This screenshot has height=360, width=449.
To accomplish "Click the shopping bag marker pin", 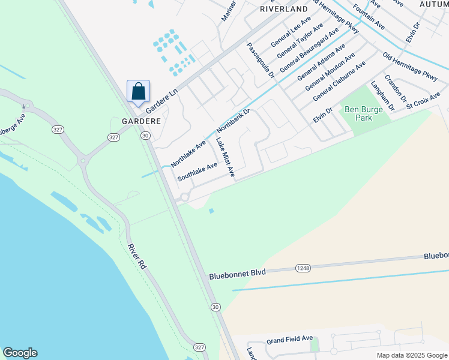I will [x=138, y=92].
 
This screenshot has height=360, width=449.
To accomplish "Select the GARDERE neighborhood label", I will [x=142, y=121].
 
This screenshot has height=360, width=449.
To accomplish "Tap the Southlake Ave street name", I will [x=197, y=172].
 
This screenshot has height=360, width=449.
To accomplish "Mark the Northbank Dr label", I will [x=232, y=121].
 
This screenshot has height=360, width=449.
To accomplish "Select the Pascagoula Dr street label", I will [x=260, y=60].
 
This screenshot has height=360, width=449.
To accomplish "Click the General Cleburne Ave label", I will [x=339, y=80].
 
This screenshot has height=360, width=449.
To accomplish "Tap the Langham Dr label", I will [x=382, y=96].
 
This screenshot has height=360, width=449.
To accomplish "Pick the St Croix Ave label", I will [x=423, y=100].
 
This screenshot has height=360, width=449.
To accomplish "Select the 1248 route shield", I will [x=303, y=268].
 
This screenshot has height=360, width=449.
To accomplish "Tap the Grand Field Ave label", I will [x=290, y=339].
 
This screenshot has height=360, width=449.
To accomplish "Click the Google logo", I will [x=20, y=353].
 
